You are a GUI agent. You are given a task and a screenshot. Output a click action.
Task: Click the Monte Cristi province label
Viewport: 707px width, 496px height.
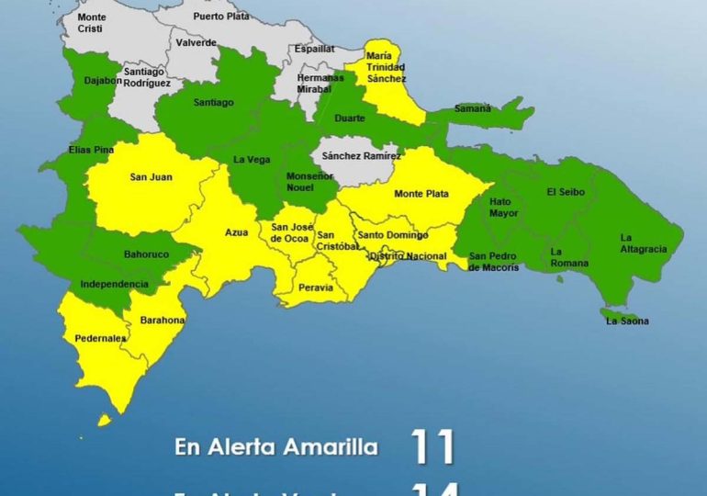pos(92,22)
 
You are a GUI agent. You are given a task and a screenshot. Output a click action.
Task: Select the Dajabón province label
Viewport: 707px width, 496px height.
pos(102,81)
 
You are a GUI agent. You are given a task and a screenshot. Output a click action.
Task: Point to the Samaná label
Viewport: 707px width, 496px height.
pos(472,108)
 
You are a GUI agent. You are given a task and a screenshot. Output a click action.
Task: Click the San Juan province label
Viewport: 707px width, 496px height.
pos(150,177)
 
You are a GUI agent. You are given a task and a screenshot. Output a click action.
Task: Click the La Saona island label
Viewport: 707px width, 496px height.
pos(627,321)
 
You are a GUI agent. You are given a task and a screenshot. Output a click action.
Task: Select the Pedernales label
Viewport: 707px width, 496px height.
pos(101,338)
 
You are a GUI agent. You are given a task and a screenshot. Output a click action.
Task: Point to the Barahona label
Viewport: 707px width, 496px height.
pos(163,320)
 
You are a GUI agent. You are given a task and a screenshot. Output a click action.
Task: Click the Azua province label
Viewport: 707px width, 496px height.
pos(236,232)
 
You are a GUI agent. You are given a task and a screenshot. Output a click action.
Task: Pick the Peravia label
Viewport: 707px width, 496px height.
pos(314,288)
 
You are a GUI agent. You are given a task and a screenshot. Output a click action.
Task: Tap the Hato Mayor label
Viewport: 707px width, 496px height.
pos(503,207)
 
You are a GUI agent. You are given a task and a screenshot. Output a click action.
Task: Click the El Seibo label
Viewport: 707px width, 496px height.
pos(564,192)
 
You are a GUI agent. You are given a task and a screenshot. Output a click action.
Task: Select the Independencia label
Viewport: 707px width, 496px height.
pos(115,284)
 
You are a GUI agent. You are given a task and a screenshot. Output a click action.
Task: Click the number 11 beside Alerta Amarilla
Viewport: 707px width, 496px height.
pos(432,447)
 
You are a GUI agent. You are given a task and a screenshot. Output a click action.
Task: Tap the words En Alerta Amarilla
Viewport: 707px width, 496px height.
pos(276,448)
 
